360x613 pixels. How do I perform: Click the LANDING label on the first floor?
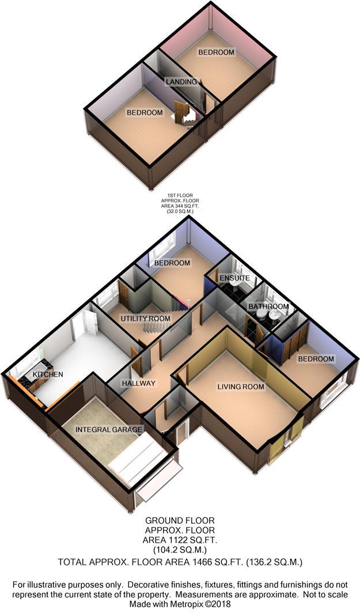(181, 82)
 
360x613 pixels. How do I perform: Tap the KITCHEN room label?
(48, 374)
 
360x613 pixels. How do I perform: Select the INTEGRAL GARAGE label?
(108, 429)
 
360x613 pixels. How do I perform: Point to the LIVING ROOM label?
(241, 387)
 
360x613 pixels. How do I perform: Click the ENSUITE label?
(234, 278)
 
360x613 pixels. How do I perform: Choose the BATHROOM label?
(268, 306)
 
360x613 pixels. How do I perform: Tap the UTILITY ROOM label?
(145, 319)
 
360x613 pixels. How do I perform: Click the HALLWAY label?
(139, 383)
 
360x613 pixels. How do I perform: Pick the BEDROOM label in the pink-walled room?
(216, 52)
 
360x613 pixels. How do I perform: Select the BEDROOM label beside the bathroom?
(316, 359)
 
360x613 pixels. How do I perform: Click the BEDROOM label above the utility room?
(172, 263)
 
